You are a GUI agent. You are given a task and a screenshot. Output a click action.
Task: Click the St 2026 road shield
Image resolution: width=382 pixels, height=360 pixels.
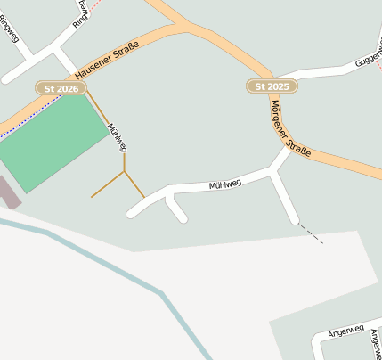tap(61, 88)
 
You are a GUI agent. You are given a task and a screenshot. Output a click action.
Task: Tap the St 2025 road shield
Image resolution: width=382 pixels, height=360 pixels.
tap(272, 86)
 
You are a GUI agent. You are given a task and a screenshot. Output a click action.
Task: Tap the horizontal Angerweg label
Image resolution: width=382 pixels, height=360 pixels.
tap(346, 332)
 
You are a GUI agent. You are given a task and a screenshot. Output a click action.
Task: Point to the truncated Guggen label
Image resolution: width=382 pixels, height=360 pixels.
tap(368, 57)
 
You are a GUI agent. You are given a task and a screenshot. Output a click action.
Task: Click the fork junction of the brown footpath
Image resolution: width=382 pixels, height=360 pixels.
tap(125, 169)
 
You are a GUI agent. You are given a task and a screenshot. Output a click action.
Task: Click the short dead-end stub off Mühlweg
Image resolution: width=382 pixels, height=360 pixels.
tap(178, 210)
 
